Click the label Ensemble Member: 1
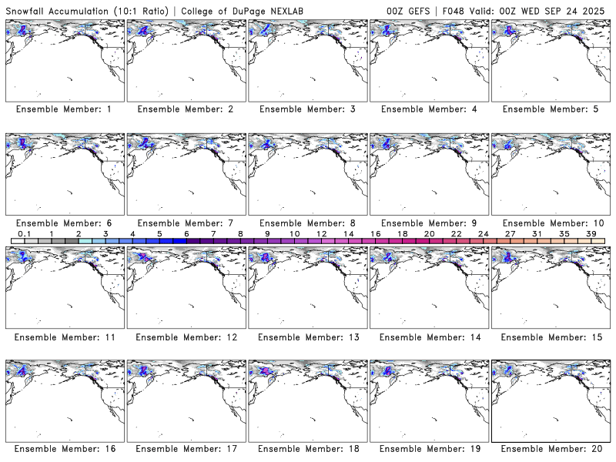tap(64, 109)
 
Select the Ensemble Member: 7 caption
tap(185, 223)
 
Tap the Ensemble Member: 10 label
tap(551, 223)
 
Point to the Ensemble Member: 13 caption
tap(306, 337)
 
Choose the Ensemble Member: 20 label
tap(551, 449)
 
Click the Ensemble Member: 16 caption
tap(64, 449)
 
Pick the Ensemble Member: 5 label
tap(551, 109)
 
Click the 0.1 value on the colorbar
tap(24, 233)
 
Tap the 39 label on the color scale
tap(591, 233)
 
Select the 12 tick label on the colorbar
tap(321, 233)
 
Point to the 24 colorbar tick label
tap(483, 233)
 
